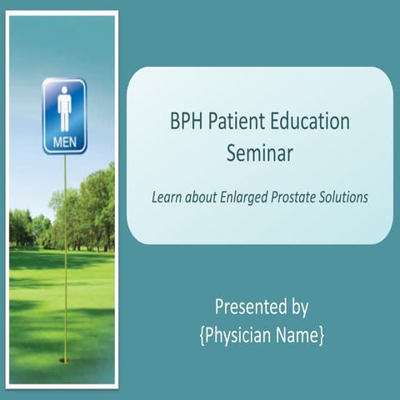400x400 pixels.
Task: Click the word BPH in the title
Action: click(186, 121)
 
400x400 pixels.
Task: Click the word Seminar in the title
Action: click(260, 151)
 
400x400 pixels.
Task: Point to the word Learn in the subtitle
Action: click(167, 198)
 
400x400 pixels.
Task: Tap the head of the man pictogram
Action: click(64, 93)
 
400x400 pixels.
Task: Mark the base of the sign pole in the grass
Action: click(64, 360)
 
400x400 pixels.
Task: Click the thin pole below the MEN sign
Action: click(64, 250)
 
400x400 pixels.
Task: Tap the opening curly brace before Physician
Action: click(202, 336)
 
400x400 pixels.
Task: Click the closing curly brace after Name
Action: click(321, 336)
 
